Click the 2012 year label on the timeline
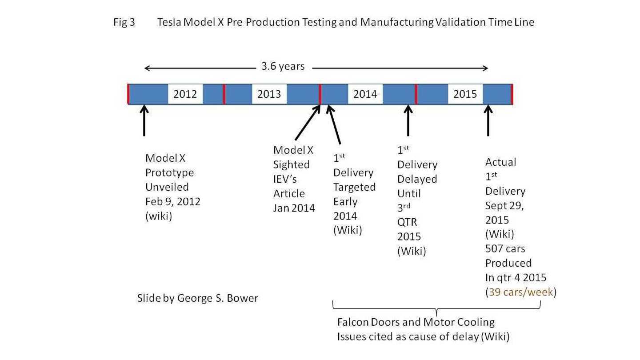(185, 94)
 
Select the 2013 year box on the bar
(269, 94)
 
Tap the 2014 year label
(365, 94)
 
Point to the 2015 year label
(465, 94)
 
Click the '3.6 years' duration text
(283, 67)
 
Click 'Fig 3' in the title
(124, 22)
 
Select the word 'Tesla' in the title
(169, 22)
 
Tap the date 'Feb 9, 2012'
(172, 201)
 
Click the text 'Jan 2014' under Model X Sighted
(294, 208)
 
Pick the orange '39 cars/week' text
(520, 292)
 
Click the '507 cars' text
(505, 248)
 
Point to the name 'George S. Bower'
(217, 298)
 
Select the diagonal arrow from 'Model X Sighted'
(307, 123)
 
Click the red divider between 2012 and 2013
(224, 94)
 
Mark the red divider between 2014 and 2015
(416, 94)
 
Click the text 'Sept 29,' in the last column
(504, 205)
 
